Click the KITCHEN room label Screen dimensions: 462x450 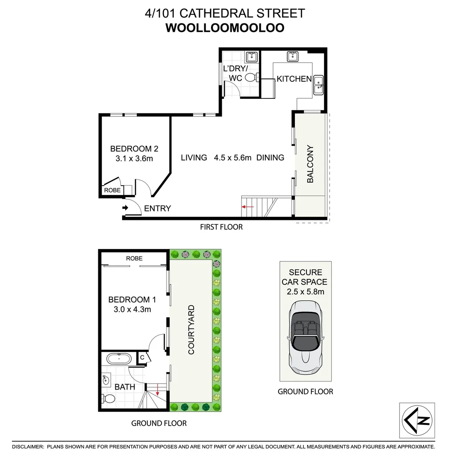(294, 79)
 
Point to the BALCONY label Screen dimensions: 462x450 (310, 164)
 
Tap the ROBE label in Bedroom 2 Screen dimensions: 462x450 (112, 190)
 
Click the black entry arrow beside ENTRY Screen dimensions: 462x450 (126, 208)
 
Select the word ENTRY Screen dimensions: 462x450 (157, 209)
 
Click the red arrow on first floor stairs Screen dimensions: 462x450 (247, 207)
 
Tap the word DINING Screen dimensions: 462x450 (270, 157)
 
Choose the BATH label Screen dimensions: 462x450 (125, 387)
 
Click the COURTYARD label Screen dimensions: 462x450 (191, 329)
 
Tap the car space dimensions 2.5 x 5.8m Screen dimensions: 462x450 (305, 292)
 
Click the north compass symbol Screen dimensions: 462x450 (417, 420)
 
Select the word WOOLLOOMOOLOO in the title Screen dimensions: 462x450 (225, 28)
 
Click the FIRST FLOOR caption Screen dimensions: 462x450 (221, 227)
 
